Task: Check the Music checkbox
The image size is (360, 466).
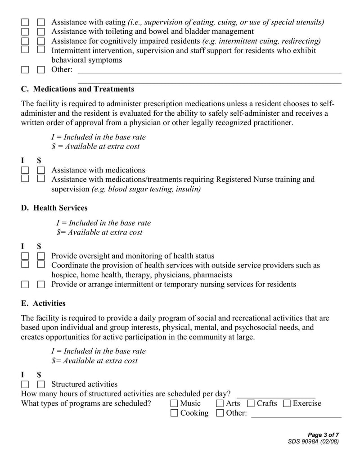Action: [x=174, y=403]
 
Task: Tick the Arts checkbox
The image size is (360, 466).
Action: [x=220, y=403]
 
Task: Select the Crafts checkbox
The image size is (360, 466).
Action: [x=251, y=403]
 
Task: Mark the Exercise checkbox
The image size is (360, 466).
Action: [x=287, y=403]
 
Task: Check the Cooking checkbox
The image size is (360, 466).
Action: [x=174, y=413]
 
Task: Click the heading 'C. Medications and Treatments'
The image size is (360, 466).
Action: [x=77, y=89]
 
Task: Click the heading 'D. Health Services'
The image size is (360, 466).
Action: [x=54, y=208]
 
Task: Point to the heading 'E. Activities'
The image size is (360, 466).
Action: [x=43, y=303]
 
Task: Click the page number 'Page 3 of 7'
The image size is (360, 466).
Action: [x=323, y=434]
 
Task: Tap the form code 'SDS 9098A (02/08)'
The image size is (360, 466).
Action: [x=313, y=441]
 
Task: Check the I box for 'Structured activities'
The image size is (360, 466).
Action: [x=25, y=385]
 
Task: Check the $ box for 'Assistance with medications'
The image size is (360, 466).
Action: [x=41, y=170]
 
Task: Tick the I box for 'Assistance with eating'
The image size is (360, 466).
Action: [x=25, y=22]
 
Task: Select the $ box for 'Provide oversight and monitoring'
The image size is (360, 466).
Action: [x=41, y=256]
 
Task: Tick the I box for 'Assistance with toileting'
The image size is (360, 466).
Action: [x=25, y=32]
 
